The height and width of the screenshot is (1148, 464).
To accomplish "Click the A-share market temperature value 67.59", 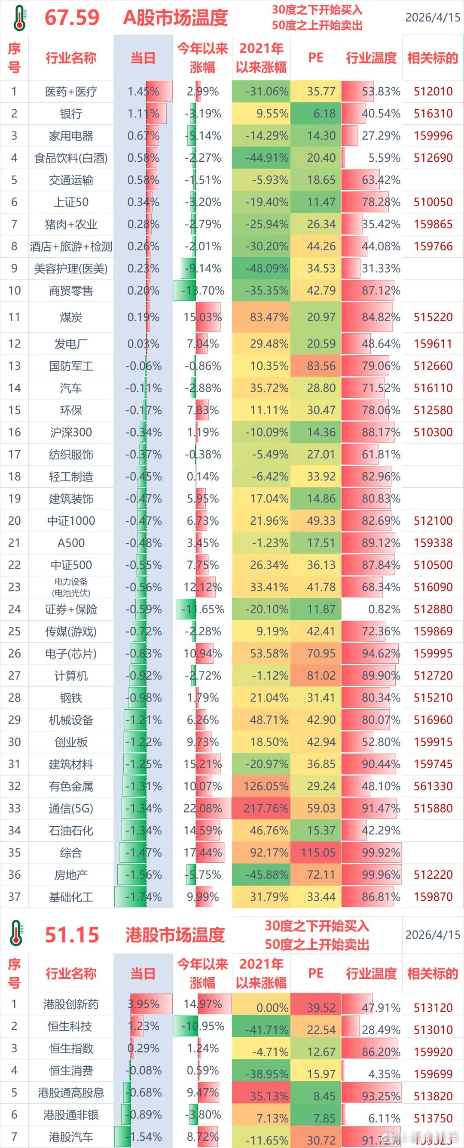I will tap(72, 17).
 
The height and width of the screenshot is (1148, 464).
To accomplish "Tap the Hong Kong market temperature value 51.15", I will tap(72, 935).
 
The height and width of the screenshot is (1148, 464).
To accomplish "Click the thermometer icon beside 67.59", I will tap(19, 17).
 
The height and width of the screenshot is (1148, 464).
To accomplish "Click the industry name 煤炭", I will tap(71, 317).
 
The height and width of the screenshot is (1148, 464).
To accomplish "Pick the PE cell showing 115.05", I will tap(317, 853).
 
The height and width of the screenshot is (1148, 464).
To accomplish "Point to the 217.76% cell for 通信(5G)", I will tap(266, 808).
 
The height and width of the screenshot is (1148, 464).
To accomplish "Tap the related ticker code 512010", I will tap(433, 91).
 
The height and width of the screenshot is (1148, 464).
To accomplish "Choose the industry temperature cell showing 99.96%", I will tap(380, 875).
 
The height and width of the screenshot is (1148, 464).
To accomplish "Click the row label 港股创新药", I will tap(71, 1004).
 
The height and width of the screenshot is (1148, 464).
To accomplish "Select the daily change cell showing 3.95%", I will tap(143, 1004).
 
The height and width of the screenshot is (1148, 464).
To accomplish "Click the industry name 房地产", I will tap(71, 875).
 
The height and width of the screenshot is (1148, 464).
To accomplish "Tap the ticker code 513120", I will tap(433, 1008).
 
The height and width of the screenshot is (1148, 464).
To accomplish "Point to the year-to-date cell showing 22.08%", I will tap(203, 808).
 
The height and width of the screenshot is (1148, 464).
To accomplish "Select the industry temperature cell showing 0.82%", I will tap(384, 609).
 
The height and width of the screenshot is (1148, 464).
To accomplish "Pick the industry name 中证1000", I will tap(71, 520).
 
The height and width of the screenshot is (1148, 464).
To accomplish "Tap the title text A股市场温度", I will tap(175, 18).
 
